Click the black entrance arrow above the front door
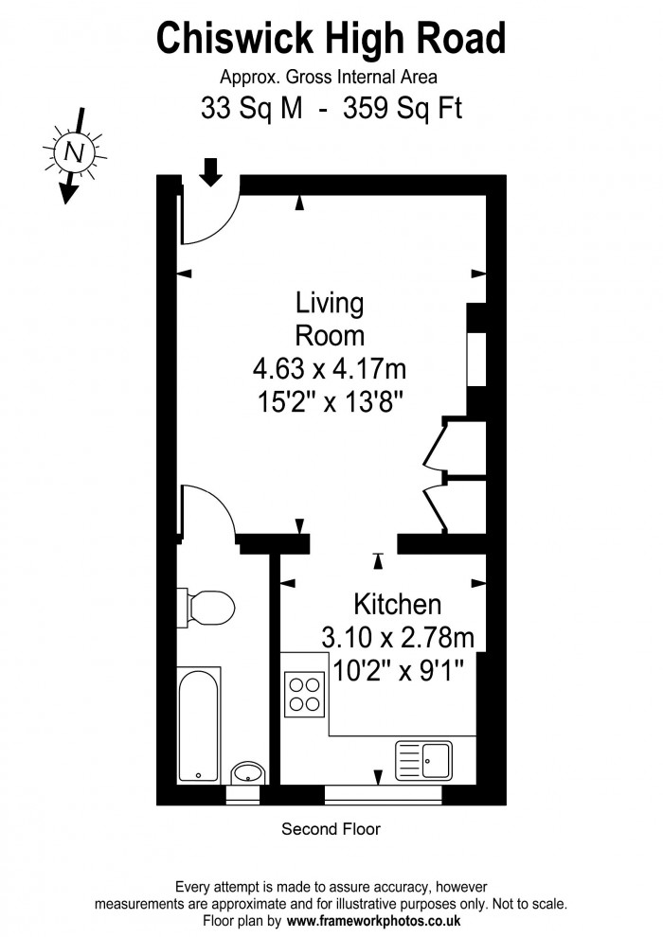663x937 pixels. click(x=210, y=171)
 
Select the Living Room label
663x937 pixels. click(x=330, y=319)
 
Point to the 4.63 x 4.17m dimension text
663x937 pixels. click(x=330, y=369)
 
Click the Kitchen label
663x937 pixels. click(x=397, y=604)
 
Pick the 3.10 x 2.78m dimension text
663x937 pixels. click(x=398, y=637)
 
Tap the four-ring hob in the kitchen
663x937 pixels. click(x=304, y=695)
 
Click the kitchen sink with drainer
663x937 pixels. click(x=424, y=761)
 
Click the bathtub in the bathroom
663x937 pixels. click(x=199, y=725)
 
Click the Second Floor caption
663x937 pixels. click(x=331, y=829)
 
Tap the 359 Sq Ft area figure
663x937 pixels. click(x=403, y=109)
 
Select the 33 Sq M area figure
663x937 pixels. click(x=251, y=109)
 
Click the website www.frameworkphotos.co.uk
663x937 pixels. click(x=373, y=921)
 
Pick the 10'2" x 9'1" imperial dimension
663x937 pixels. click(x=398, y=670)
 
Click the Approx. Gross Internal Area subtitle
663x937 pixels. click(x=329, y=78)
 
